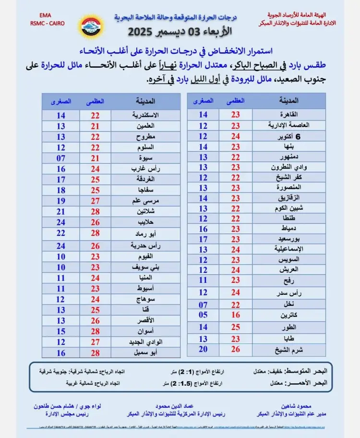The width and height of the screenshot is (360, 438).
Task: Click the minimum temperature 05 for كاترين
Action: (x=203, y=315)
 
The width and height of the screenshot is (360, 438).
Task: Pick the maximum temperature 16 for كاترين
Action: (x=236, y=315)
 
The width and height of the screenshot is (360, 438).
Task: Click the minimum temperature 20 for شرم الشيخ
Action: (x=203, y=350)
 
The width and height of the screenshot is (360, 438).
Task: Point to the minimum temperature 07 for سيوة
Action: (x=61, y=158)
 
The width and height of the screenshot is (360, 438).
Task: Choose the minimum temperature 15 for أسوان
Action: (x=61, y=332)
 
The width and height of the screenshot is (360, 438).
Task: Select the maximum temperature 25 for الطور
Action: (x=236, y=327)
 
